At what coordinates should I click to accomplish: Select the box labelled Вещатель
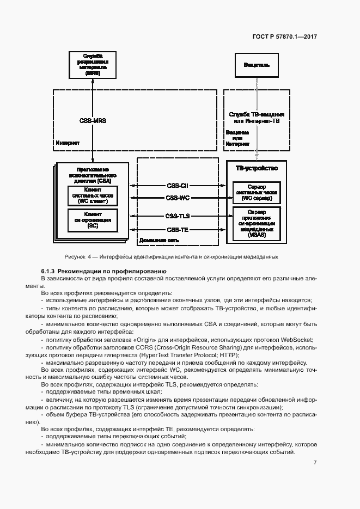(255, 65)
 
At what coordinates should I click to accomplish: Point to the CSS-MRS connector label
(93, 120)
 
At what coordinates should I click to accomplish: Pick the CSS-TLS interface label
(177, 216)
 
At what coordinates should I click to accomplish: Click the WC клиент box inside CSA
(92, 195)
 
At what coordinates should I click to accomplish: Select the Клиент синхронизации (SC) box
(92, 219)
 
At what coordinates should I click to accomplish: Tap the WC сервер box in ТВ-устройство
(255, 193)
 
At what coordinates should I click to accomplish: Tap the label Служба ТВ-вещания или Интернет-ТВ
(256, 117)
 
